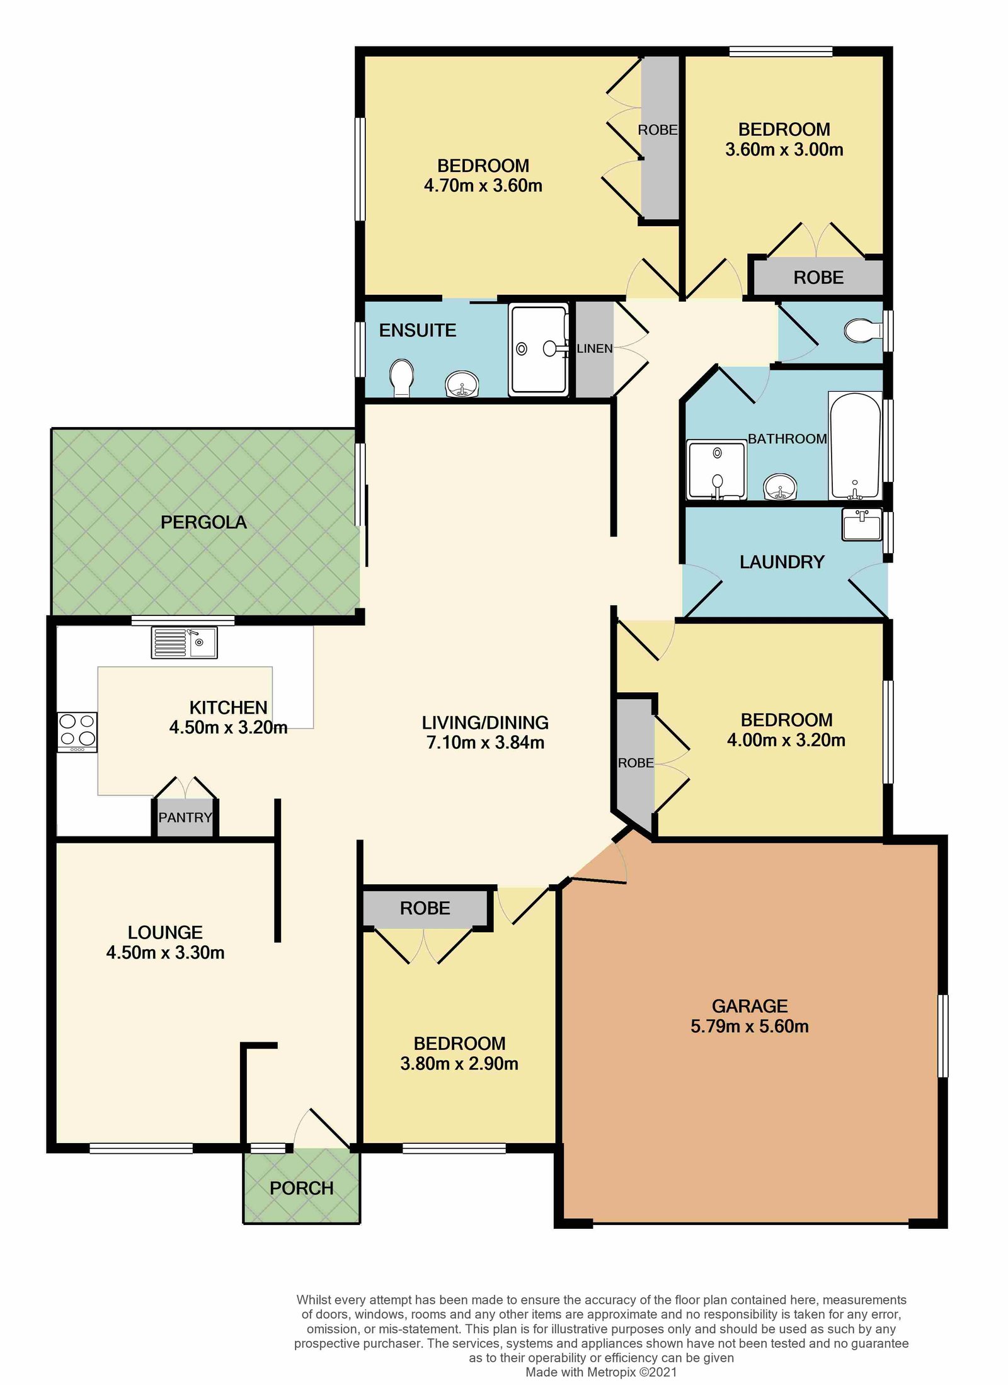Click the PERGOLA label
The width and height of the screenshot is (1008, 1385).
point(203,522)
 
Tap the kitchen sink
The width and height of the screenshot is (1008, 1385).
point(184,642)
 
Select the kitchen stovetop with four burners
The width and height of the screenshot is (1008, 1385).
point(77,732)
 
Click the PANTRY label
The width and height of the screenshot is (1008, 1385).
point(185,818)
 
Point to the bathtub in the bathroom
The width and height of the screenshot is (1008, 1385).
point(855,446)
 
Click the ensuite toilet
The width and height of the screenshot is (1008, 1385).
point(402,378)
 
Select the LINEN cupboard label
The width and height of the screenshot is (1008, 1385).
point(595,348)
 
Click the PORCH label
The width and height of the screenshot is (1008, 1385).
point(302,1188)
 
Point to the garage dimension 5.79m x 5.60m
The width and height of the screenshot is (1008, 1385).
point(750,1026)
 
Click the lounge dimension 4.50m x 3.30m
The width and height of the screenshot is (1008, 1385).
point(165,952)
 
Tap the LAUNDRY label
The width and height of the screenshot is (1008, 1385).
point(782,562)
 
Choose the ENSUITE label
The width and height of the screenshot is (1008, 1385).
point(417,330)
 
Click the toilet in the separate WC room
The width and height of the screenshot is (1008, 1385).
point(864,330)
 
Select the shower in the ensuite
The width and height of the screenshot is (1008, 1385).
point(539,349)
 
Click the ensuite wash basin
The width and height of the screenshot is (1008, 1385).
point(462,384)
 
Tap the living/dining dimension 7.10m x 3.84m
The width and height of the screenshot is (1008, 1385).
point(486,743)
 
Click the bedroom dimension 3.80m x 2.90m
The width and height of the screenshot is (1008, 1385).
point(459,1064)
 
